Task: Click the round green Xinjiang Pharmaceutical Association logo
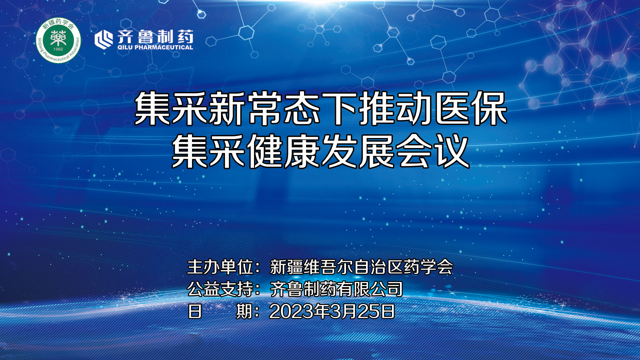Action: [x=58, y=40]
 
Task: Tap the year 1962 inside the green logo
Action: [x=58, y=49]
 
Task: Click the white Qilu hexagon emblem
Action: [x=104, y=40]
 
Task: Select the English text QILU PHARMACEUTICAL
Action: [x=155, y=48]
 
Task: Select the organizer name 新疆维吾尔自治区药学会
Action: [x=361, y=267]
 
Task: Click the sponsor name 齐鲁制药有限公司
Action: [x=336, y=289]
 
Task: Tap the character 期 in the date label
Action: [x=244, y=311]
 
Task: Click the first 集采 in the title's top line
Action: [x=172, y=109]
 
